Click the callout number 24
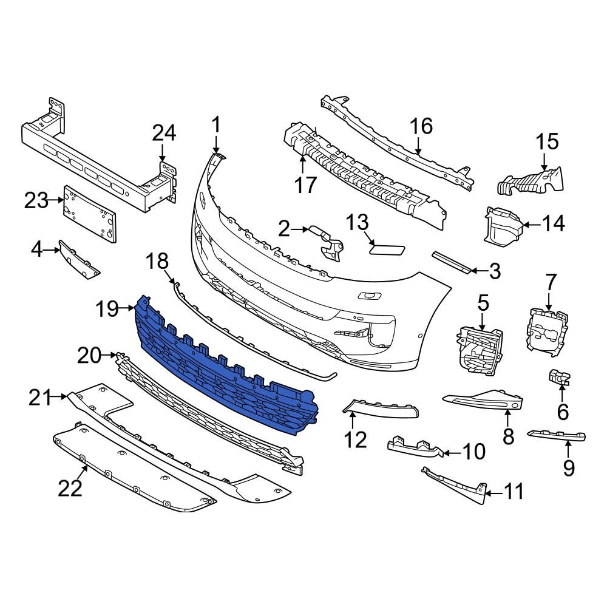click(163, 133)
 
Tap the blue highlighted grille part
click(225, 370)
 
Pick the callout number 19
click(110, 310)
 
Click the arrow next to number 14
click(530, 225)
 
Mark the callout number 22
click(70, 487)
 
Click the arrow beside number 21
click(61, 398)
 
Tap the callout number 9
click(569, 467)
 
